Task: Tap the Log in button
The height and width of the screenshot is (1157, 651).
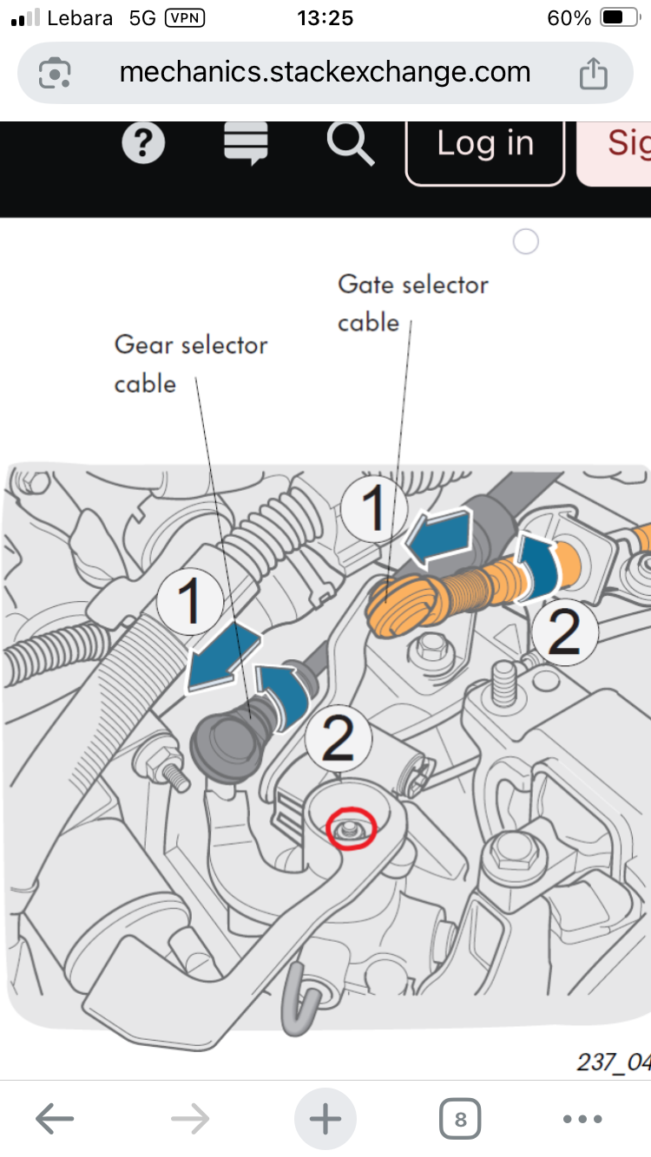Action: point(484,144)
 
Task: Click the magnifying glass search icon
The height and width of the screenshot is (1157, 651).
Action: point(350,143)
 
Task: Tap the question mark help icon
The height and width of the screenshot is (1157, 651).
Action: point(144,143)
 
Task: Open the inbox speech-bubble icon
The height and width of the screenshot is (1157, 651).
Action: point(246,143)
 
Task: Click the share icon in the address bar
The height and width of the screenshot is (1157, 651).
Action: point(593,73)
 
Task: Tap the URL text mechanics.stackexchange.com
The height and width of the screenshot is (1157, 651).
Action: point(325,72)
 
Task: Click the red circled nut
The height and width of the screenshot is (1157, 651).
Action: point(351,829)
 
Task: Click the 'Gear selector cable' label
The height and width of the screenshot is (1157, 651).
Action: point(191,363)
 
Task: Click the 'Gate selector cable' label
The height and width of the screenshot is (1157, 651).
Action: point(413,303)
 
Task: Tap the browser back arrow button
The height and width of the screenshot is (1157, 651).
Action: point(54,1119)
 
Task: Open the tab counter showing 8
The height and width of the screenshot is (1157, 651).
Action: point(460,1119)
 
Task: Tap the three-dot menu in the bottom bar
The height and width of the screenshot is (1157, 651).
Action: point(582,1119)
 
